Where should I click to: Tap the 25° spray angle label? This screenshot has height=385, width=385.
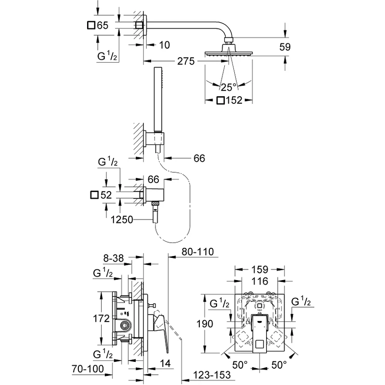229,87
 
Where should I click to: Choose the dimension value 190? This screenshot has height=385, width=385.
205,324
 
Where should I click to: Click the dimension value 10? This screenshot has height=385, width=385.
164,45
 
